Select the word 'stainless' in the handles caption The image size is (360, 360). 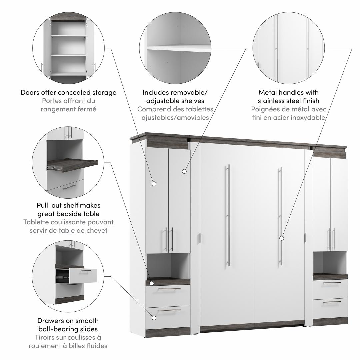coord(273,101)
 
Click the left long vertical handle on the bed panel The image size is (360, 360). coord(228,215)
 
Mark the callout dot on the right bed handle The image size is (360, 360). coord(282,238)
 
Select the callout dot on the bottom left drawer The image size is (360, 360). coord(154,318)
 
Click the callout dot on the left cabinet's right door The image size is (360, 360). coord(184,171)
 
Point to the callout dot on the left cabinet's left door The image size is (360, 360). coord(154,184)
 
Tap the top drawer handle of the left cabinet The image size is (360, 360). coord(170,289)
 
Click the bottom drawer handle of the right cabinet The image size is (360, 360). coord(332,302)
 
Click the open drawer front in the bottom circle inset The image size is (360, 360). coord(83,275)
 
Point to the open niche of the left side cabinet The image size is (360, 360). coord(168,266)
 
